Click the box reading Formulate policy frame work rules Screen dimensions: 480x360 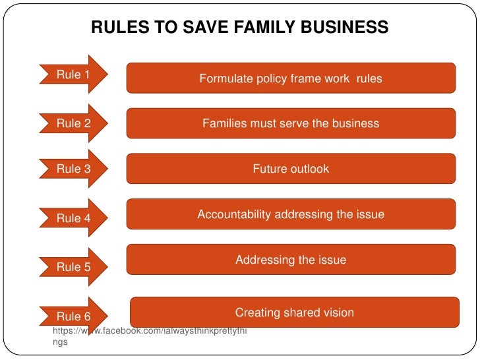[x=291, y=78]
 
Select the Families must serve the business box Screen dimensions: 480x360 [x=291, y=123]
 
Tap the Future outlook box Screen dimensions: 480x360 [x=291, y=169]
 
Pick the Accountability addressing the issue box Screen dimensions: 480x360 [x=291, y=214]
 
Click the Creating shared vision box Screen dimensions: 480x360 [x=295, y=313]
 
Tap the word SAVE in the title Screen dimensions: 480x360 [x=187, y=28]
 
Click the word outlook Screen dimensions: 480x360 [x=309, y=169]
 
